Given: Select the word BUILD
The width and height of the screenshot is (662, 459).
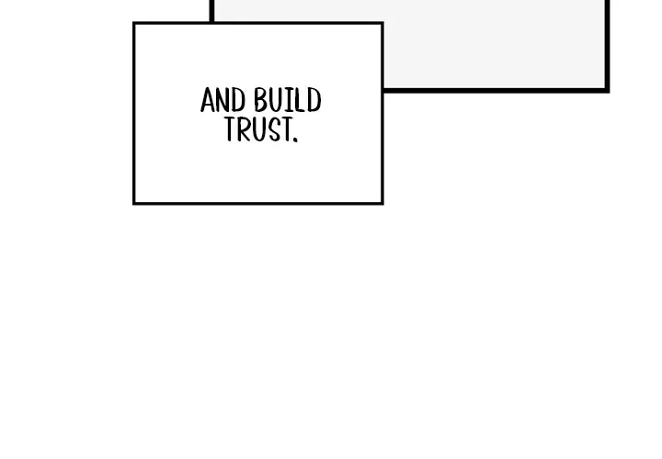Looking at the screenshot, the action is pos(288,100).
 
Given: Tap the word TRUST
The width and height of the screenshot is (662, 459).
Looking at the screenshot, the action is pos(257,129).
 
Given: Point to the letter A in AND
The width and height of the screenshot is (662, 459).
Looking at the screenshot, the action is pos(207,100).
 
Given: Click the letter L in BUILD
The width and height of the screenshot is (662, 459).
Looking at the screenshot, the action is pos(301,100).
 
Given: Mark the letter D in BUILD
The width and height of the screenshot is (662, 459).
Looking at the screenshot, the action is pos(314,100).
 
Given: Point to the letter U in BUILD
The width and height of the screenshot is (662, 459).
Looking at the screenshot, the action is pos(279,100).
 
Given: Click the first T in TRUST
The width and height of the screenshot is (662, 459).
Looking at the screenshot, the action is pos(230,129).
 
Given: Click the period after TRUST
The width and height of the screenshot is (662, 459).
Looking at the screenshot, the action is pos(295,140).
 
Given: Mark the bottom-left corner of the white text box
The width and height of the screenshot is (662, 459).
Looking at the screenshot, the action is pos(134,204).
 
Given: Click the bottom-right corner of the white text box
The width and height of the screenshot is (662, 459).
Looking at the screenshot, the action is pos(382,204).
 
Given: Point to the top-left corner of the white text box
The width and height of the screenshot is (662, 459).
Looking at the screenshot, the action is pos(134,23).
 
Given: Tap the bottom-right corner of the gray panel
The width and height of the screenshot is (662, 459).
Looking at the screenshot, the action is pos(607,90).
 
